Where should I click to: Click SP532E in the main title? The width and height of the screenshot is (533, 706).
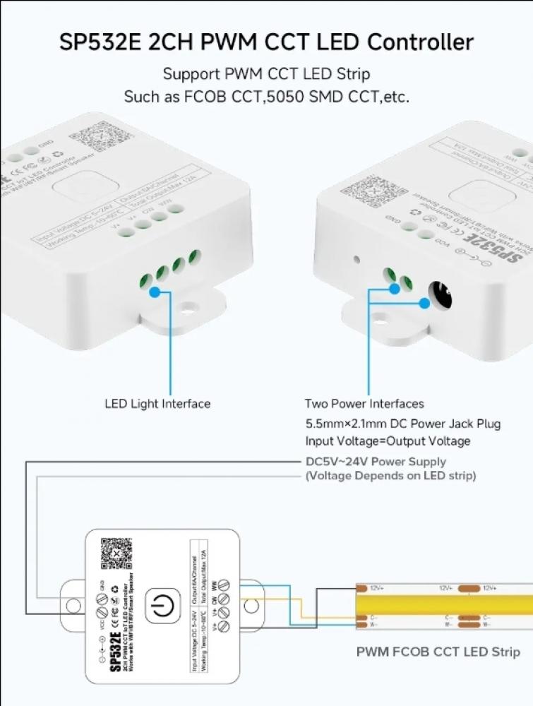coord(102,42)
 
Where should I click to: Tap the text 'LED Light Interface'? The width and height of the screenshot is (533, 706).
coord(157,404)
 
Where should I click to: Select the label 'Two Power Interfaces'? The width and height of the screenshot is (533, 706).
coord(364,404)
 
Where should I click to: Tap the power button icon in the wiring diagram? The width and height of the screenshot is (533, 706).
coord(162,606)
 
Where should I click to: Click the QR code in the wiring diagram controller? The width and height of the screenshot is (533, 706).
coord(116,554)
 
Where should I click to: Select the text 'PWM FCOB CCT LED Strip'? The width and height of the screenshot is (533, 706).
coord(438,652)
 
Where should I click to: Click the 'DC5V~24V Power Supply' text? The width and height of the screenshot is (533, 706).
coord(376,462)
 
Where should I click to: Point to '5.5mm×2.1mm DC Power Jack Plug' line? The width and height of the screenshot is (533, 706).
coord(403,424)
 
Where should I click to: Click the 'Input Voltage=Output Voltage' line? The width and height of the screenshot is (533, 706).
coord(388,441)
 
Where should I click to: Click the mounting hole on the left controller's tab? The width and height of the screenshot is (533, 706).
coord(188,309)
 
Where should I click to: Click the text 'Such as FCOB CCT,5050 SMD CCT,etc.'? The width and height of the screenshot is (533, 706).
coord(266,97)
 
